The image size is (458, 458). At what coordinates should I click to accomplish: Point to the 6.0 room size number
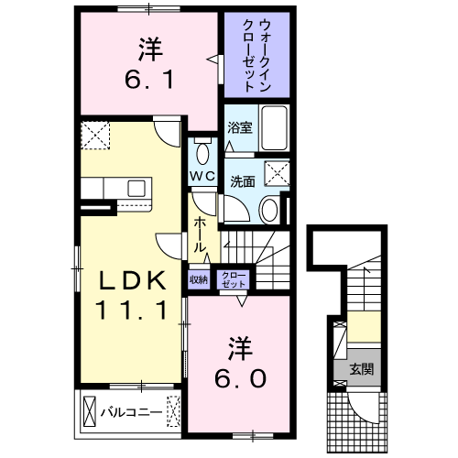point(240,376)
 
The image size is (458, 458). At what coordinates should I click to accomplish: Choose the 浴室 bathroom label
point(239,129)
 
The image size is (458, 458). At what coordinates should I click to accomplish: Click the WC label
point(202,174)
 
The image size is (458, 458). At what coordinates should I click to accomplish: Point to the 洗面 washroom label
point(243,180)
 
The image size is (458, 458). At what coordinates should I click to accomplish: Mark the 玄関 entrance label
point(360,370)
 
